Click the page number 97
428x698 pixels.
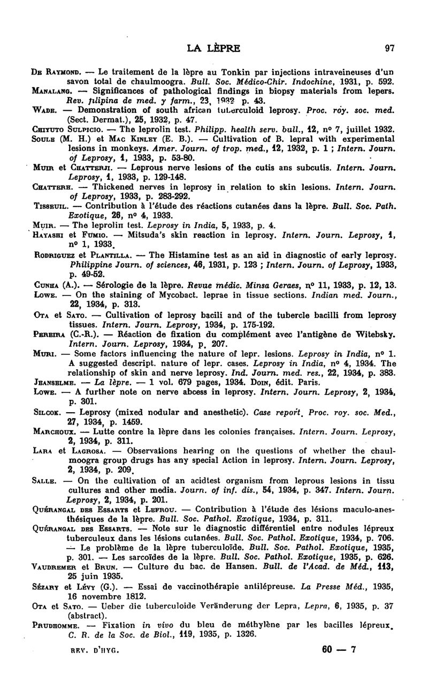[389, 48]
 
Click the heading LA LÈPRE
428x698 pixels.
[213, 48]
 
